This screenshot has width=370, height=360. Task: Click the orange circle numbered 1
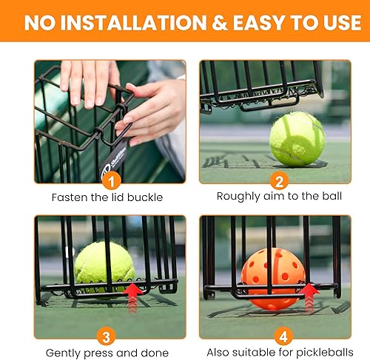(109, 178)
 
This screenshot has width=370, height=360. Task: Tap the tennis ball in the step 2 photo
(297, 138)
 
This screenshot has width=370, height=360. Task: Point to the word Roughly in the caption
(235, 197)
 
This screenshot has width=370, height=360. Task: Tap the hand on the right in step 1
(148, 111)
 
